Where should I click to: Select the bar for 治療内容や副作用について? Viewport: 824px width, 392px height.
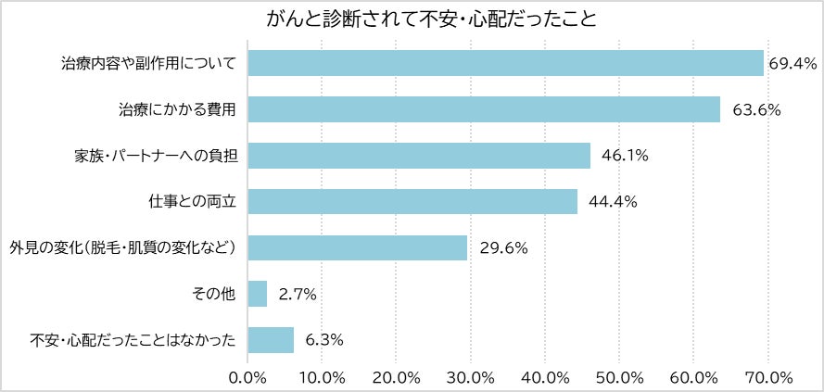pyautogui.click(x=505, y=63)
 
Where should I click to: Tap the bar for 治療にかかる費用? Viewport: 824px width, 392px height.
pyautogui.click(x=484, y=109)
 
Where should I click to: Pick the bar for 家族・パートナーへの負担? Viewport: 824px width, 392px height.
pyautogui.click(x=419, y=156)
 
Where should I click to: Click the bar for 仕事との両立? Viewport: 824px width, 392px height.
pyautogui.click(x=412, y=201)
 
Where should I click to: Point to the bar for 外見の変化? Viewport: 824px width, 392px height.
pyautogui.click(x=358, y=247)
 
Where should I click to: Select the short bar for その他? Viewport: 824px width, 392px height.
pyautogui.click(x=258, y=294)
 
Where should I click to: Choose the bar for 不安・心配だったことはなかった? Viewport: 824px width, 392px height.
pyautogui.click(x=271, y=340)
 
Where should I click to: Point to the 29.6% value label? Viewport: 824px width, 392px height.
pyautogui.click(x=503, y=248)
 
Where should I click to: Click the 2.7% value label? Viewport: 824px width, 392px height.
pyautogui.click(x=298, y=295)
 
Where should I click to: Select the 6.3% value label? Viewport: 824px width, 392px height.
pyautogui.click(x=324, y=340)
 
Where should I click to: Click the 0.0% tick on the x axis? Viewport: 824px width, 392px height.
pyautogui.click(x=247, y=377)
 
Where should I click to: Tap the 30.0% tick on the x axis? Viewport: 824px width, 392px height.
pyautogui.click(x=471, y=377)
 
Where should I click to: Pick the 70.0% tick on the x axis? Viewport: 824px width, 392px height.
pyautogui.click(x=768, y=377)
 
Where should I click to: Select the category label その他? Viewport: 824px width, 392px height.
pyautogui.click(x=217, y=295)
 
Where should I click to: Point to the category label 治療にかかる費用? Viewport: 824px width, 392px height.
pyautogui.click(x=178, y=110)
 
